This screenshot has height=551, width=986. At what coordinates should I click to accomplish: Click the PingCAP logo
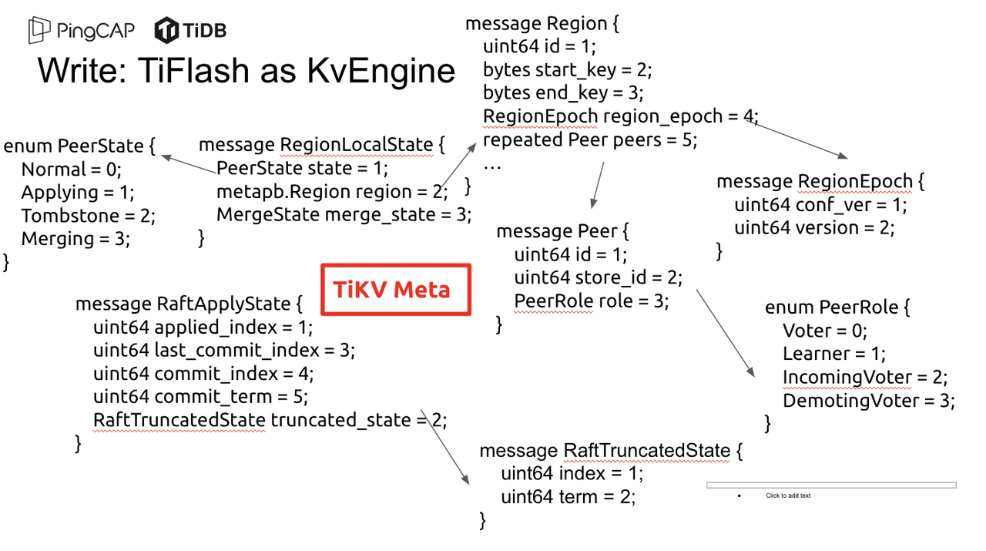82,31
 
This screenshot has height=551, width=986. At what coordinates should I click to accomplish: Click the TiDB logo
190,31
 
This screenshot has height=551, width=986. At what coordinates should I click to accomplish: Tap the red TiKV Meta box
395,290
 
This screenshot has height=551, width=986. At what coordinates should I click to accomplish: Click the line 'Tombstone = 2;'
88,215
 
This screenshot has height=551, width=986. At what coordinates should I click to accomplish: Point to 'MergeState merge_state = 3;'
344,214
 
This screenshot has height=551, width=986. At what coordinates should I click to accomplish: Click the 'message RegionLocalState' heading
322,145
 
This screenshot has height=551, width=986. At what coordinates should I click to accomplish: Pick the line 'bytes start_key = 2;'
567,70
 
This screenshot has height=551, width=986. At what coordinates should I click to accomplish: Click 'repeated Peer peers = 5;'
589,140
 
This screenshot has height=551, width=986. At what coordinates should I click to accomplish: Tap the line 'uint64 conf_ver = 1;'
820,205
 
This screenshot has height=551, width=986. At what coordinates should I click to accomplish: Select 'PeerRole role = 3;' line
591,301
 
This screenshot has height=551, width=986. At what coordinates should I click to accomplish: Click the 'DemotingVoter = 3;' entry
868,401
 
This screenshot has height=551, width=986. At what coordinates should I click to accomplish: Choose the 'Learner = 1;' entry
834,354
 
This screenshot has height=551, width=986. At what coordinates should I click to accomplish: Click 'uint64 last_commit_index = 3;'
224,351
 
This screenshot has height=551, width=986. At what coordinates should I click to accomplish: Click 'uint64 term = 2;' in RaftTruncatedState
568,497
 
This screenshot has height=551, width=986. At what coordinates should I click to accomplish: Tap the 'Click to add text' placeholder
788,496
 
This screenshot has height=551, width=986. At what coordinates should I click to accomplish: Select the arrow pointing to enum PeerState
188,164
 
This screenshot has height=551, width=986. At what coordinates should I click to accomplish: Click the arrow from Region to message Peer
598,185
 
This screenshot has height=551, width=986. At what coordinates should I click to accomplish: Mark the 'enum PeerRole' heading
837,307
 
